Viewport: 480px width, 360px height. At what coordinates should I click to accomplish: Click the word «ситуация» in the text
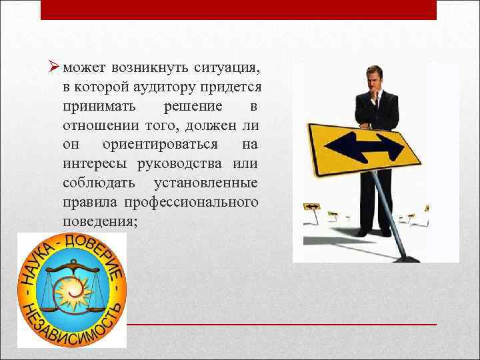(x=227, y=68)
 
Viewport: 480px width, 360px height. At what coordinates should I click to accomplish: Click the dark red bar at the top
(x=238, y=10)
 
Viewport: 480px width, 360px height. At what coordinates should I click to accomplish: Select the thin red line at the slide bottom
(x=280, y=323)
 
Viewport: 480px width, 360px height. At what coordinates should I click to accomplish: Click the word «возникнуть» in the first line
(x=151, y=68)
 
